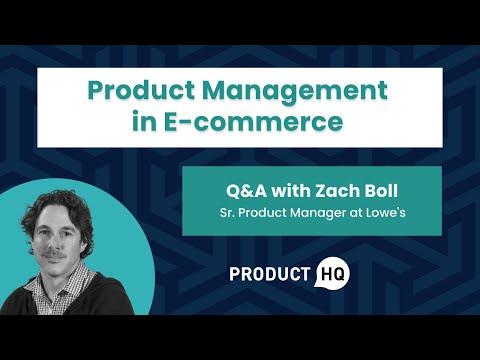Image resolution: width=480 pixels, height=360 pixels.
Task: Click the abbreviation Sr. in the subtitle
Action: (228, 214)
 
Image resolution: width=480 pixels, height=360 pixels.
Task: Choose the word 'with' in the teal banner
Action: (285, 190)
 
